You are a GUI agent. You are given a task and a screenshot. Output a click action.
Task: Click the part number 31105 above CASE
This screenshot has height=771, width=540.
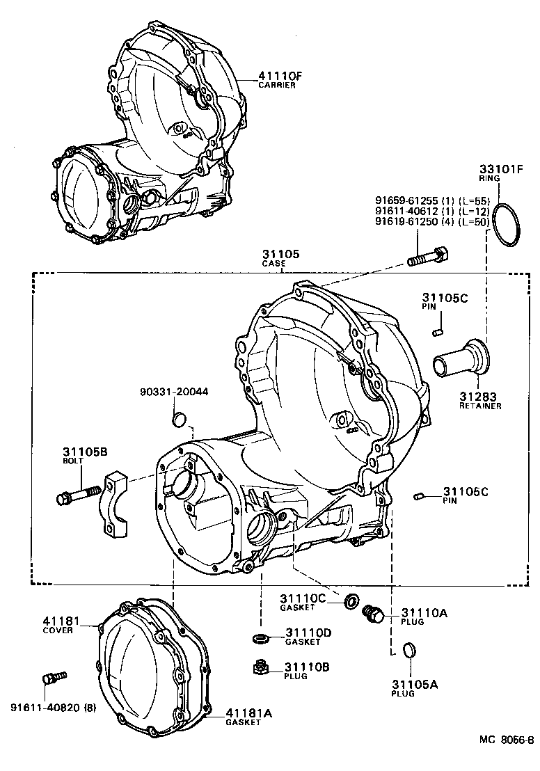pyautogui.click(x=280, y=255)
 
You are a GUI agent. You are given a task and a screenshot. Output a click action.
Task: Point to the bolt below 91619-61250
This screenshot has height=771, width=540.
pyautogui.click(x=427, y=255)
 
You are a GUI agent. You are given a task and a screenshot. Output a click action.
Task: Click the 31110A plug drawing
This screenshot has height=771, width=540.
pyautogui.click(x=374, y=613)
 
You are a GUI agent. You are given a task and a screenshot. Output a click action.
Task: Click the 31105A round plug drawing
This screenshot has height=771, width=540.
pyautogui.click(x=410, y=651)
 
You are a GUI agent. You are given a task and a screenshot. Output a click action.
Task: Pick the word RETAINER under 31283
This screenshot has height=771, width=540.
pyautogui.click(x=479, y=406)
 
